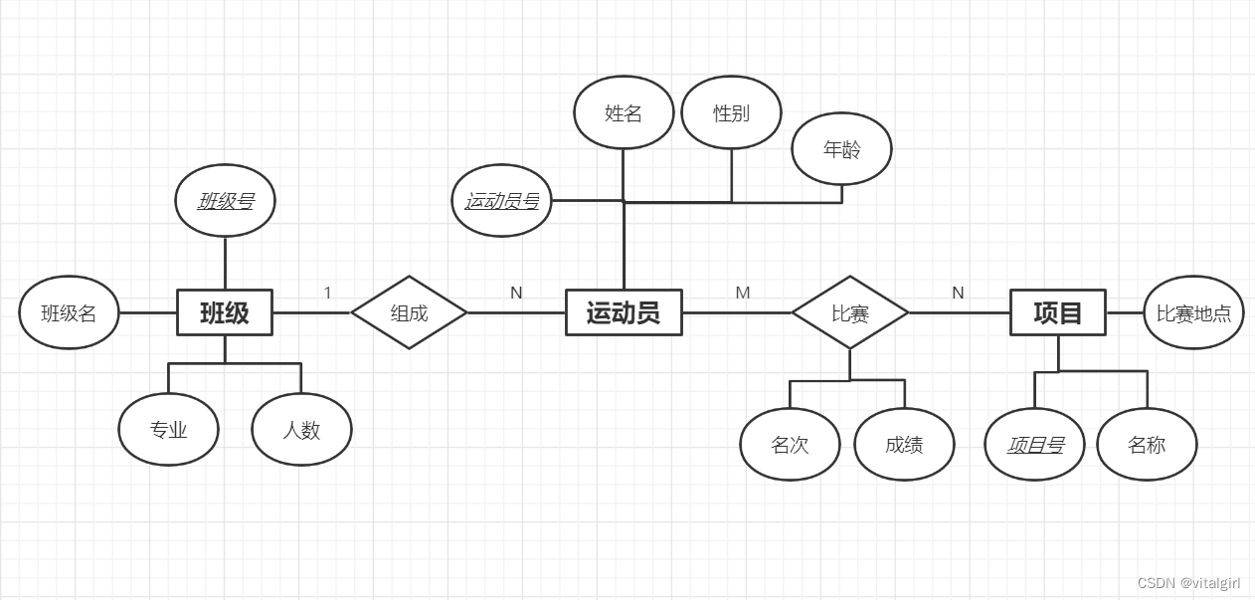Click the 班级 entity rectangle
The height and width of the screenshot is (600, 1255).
tap(225, 313)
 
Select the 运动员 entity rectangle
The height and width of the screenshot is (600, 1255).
tap(624, 313)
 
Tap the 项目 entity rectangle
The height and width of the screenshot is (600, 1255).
tap(1058, 313)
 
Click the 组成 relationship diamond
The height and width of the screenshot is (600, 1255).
tap(409, 312)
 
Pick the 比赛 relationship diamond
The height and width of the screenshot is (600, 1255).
tap(850, 312)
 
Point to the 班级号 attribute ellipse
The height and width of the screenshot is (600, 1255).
tap(226, 201)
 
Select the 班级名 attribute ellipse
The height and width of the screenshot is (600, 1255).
tap(69, 313)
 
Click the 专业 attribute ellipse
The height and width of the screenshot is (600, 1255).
tap(168, 430)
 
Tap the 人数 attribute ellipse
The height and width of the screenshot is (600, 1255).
tap(301, 430)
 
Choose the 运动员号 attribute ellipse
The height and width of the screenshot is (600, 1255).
tap(502, 201)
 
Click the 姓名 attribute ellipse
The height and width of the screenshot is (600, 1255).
tap(624, 112)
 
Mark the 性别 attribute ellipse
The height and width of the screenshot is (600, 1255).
tap(731, 112)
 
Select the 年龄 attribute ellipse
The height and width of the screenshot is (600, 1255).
tap(841, 149)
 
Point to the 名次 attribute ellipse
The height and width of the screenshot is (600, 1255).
tap(790, 444)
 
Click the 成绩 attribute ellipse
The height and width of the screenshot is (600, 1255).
tap(904, 444)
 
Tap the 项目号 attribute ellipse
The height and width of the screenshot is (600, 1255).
tap(1035, 444)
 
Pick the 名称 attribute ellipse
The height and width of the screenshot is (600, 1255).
tap(1147, 444)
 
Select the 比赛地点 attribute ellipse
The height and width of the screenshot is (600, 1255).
tap(1193, 313)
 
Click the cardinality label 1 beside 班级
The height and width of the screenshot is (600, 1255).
tap(327, 293)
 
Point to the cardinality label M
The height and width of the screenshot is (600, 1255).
tap(743, 293)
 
